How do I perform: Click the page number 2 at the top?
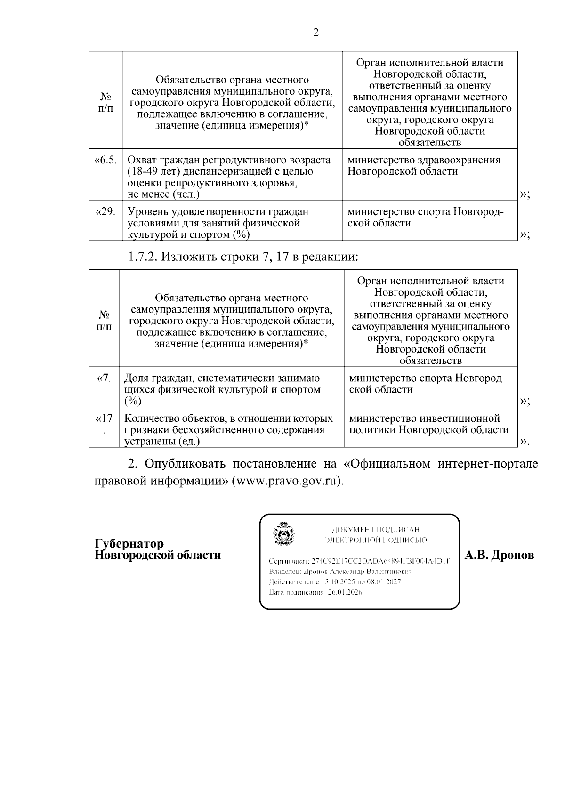(315, 32)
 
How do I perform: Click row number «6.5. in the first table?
(105, 160)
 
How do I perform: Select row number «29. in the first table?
(105, 212)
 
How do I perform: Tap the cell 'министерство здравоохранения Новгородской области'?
(424, 166)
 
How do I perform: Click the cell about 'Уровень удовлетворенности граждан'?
(218, 223)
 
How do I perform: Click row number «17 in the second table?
(104, 419)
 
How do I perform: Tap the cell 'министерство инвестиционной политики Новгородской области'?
(429, 424)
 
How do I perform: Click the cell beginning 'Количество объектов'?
(228, 429)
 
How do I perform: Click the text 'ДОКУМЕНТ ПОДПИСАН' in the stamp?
(375, 530)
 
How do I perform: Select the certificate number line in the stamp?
(359, 561)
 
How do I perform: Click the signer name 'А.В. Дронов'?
(499, 556)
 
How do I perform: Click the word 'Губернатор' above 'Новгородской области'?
(129, 544)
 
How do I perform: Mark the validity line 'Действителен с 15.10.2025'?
(334, 582)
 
